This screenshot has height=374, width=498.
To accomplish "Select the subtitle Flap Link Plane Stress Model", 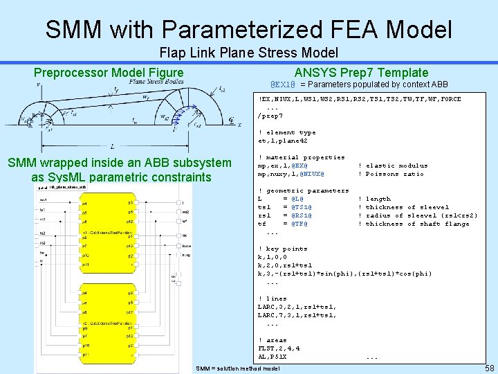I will pyautogui.click(x=248, y=53).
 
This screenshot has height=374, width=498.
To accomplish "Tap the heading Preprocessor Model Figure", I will pyautogui.click(x=109, y=73).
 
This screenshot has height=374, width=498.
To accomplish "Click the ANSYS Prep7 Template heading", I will pyautogui.click(x=361, y=73).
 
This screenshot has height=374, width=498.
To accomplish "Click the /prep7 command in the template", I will pyautogui.click(x=270, y=116).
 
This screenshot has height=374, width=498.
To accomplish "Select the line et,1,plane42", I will pyautogui.click(x=278, y=141).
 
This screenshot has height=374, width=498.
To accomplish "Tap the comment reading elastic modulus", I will pyautogui.click(x=387, y=166).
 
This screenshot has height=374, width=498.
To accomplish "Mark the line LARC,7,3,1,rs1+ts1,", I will pyautogui.click(x=297, y=315).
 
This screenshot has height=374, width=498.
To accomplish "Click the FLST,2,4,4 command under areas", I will pyautogui.click(x=279, y=348).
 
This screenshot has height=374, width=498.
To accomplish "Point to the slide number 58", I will pyautogui.click(x=488, y=368).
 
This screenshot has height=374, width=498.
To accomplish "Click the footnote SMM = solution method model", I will pyautogui.click(x=238, y=368).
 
